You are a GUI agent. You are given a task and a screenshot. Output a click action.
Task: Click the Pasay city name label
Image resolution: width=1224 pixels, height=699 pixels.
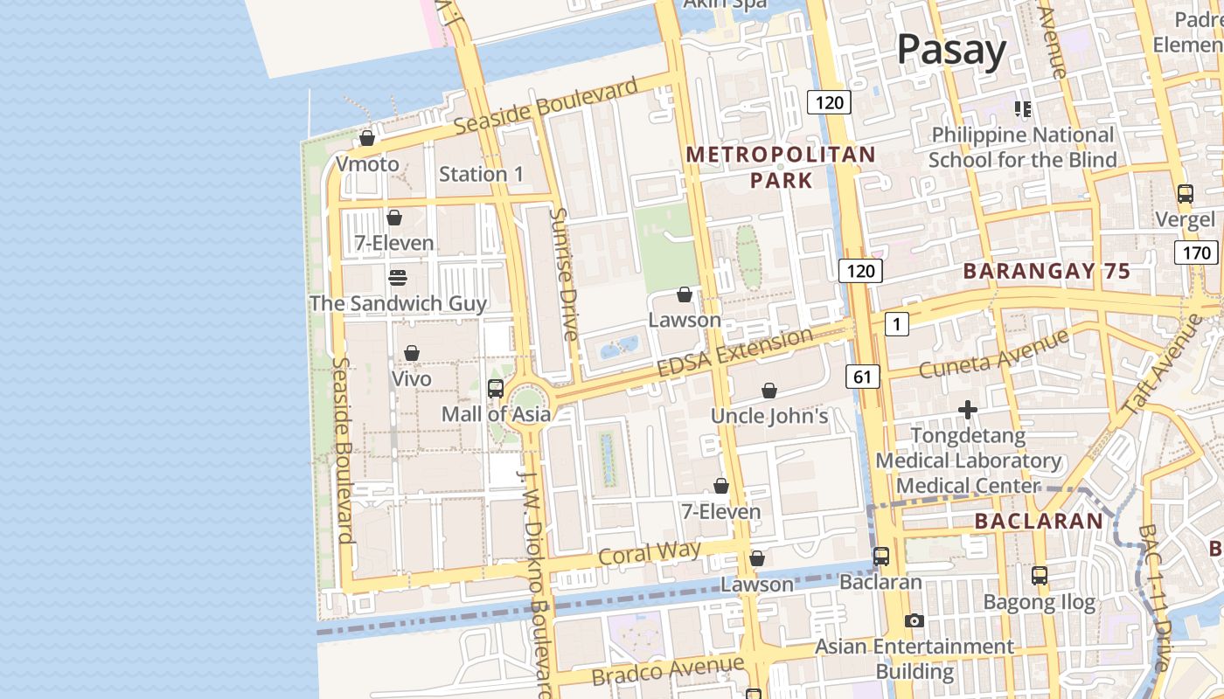951,50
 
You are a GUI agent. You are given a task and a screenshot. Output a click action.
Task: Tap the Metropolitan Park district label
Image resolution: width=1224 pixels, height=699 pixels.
780,168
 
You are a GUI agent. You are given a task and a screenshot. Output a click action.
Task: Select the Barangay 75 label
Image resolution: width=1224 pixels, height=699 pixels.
1047,271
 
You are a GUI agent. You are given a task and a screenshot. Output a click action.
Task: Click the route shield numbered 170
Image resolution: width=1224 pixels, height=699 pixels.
1195,253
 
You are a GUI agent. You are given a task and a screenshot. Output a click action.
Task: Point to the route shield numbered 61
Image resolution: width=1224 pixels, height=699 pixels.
862,377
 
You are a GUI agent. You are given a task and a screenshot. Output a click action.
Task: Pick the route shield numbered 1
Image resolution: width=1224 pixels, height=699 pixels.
896,324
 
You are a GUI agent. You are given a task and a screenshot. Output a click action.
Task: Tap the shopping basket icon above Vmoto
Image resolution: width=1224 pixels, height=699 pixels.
367,138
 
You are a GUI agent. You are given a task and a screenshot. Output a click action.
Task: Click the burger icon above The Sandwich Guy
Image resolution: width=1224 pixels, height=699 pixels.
398,278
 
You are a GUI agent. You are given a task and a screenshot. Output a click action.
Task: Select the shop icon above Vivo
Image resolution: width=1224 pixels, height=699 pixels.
411,353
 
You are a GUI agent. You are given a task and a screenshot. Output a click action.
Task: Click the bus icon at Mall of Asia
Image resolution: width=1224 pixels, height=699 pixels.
495,389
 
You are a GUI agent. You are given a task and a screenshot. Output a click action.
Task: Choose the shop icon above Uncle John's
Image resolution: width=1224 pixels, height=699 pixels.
769,391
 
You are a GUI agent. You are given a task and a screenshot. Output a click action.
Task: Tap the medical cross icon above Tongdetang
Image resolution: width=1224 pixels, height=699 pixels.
967,409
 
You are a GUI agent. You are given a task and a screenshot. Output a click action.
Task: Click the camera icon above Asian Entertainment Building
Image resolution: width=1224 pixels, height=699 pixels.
915,620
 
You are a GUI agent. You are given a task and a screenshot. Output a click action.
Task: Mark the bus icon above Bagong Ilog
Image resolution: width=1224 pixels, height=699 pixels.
1039,576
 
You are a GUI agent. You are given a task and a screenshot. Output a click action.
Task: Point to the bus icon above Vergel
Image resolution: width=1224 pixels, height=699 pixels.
1185,194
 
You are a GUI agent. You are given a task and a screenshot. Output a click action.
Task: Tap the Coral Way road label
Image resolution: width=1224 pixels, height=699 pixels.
650,553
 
